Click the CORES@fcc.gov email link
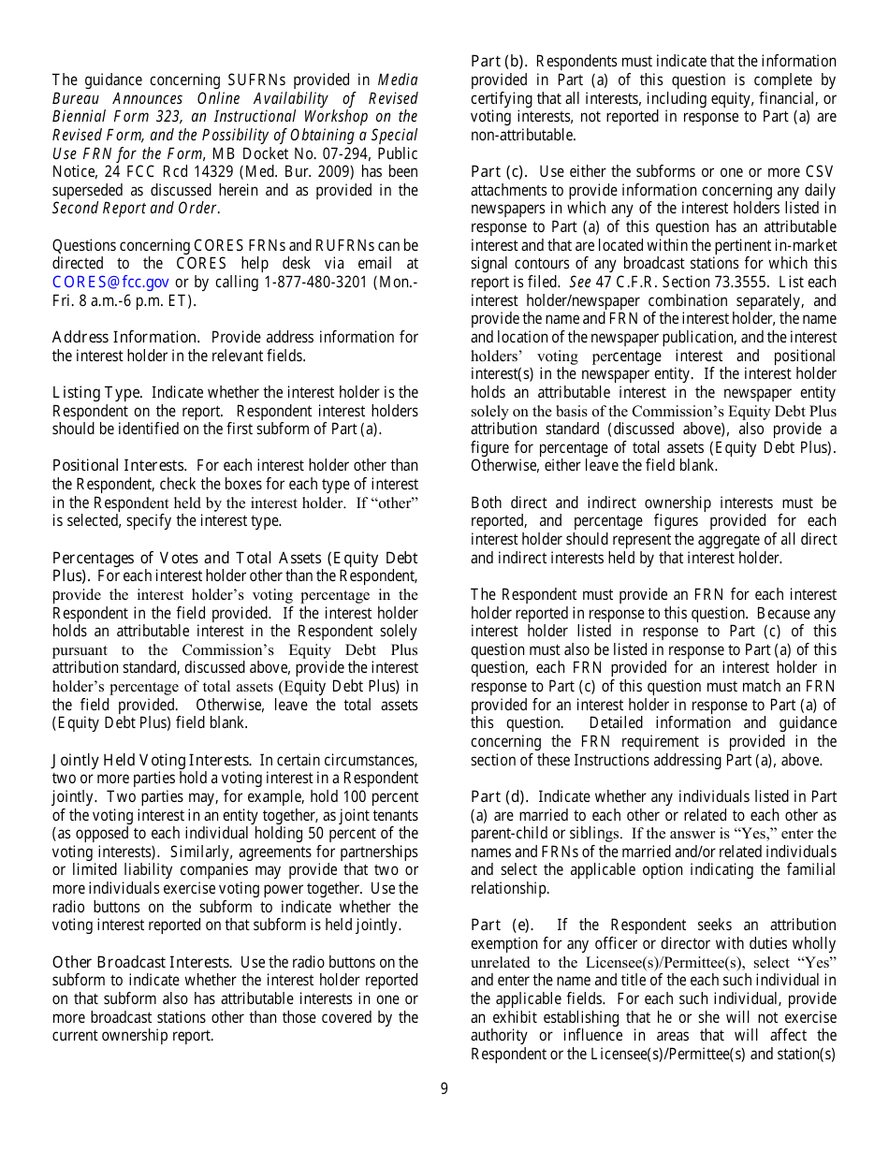click(x=110, y=283)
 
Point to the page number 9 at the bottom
click(x=444, y=1088)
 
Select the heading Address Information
click(x=124, y=337)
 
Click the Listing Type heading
click(x=96, y=392)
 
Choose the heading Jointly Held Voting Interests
click(x=151, y=760)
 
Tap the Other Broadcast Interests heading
click(x=141, y=962)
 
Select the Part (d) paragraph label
click(x=499, y=796)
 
